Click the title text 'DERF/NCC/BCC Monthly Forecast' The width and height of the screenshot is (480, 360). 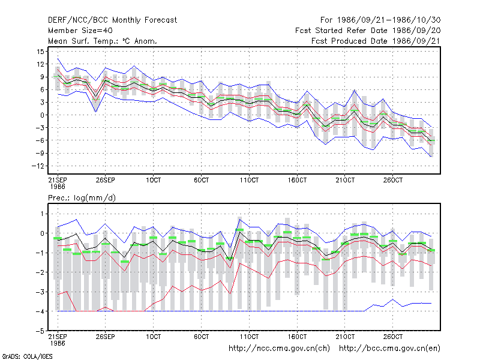click(112, 20)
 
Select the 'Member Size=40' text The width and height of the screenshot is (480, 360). click(80, 31)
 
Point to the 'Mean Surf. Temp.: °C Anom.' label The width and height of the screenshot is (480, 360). click(103, 41)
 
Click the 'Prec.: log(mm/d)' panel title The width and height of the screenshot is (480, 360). click(82, 198)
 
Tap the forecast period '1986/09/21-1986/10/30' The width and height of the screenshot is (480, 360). click(389, 20)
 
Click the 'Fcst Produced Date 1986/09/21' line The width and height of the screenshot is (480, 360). click(376, 41)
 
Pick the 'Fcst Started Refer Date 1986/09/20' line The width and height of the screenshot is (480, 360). click(368, 31)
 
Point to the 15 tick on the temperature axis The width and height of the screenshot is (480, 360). click(41, 52)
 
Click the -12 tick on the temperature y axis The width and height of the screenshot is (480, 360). click(38, 166)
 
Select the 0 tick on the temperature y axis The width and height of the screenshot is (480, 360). click(42, 115)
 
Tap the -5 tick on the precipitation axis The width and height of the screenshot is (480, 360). click(40, 331)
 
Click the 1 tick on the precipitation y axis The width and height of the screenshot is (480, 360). click(42, 214)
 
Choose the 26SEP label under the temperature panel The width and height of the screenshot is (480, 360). click(106, 180)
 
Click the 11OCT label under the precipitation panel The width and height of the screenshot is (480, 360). click(249, 337)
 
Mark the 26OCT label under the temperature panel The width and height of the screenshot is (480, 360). click(393, 180)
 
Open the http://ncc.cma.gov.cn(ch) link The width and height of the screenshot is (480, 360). click(279, 349)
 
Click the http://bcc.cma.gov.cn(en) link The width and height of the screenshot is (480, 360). click(389, 349)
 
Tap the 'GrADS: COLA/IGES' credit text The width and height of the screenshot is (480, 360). click(27, 356)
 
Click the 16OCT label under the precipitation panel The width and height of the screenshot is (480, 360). click(297, 337)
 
